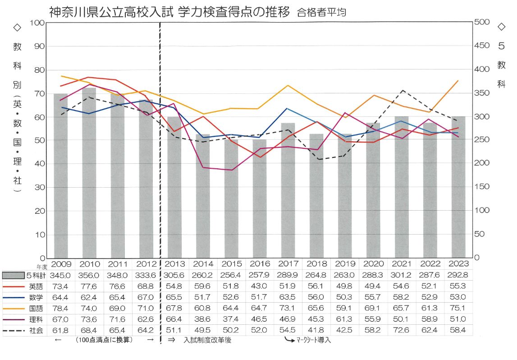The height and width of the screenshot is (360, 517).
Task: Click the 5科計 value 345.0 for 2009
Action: pyautogui.click(x=61, y=275)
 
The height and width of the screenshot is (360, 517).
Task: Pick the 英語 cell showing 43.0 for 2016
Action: pyautogui.click(x=259, y=286)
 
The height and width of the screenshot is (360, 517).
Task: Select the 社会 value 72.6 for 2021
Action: pyautogui.click(x=402, y=330)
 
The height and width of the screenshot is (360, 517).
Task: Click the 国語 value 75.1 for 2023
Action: pyautogui.click(x=458, y=309)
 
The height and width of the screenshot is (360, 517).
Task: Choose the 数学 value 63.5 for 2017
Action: pyautogui.click(x=288, y=297)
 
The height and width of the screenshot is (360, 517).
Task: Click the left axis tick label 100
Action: pyautogui.click(x=38, y=23)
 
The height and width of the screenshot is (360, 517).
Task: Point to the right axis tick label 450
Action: pyautogui.click(x=482, y=46)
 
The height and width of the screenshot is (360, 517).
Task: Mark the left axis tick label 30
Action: pyautogui.click(x=40, y=187)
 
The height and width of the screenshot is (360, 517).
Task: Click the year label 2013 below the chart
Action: pyautogui.click(x=174, y=264)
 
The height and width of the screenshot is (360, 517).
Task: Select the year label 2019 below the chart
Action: pyautogui.click(x=344, y=264)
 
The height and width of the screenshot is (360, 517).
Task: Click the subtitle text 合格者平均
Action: pyautogui.click(x=321, y=13)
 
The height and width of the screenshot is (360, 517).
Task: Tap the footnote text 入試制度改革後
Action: pyautogui.click(x=207, y=340)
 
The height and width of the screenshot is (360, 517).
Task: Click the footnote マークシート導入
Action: pyautogui.click(x=314, y=340)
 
